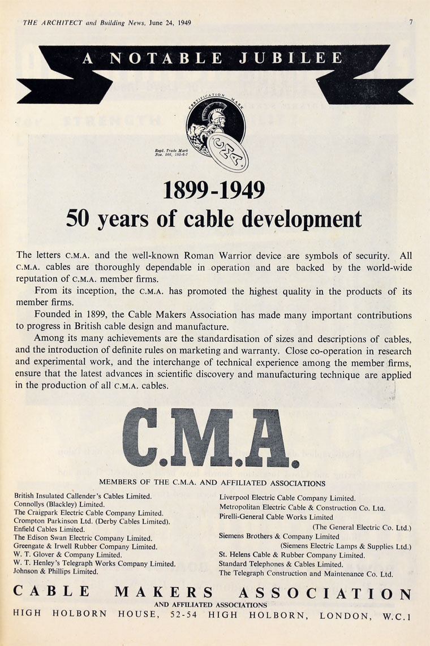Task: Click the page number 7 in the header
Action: pyautogui.click(x=411, y=23)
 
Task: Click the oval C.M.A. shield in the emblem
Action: pyautogui.click(x=227, y=152)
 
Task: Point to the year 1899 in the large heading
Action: pyautogui.click(x=185, y=190)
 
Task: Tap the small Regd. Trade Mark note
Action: pyautogui.click(x=167, y=152)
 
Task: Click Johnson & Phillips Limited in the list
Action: pyautogui.click(x=56, y=571)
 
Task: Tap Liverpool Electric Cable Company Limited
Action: pyautogui.click(x=287, y=498)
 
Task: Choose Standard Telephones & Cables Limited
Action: pyautogui.click(x=281, y=564)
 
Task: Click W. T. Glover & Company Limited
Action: pyautogui.click(x=68, y=555)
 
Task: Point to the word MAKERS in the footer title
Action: pyautogui.click(x=164, y=593)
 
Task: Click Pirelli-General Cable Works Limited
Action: pyautogui.click(x=276, y=517)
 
